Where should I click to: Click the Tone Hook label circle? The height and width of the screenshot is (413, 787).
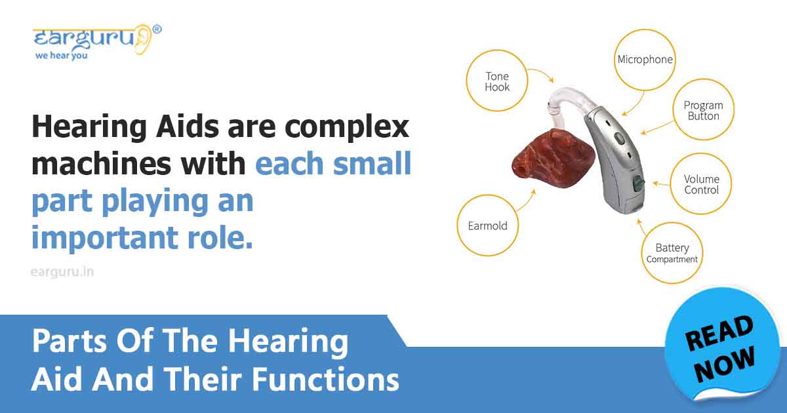coord(497,81)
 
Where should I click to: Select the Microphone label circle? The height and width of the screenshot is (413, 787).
coord(645,60)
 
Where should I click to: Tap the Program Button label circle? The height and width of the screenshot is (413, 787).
coord(702,110)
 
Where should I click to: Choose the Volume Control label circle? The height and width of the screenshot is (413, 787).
coord(701,184)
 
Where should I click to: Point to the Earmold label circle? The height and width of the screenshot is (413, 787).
coord(487,226)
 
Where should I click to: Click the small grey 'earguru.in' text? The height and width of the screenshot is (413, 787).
coord(62,271)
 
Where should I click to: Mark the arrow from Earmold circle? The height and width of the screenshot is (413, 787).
coord(526,201)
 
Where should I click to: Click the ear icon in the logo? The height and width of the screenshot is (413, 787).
coord(143,39)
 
